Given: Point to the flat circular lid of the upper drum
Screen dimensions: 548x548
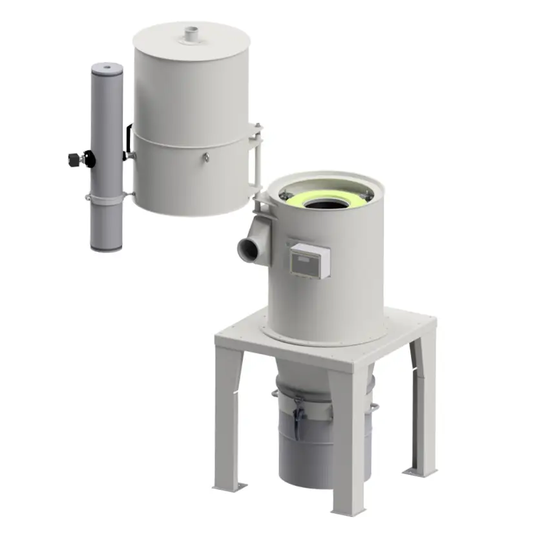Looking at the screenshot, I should tap(191, 40).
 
